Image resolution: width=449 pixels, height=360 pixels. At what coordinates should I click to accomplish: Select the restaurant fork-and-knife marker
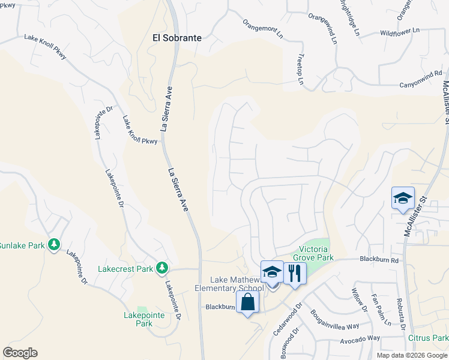[x=294, y=272]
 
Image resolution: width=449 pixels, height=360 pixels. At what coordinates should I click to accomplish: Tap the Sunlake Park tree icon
[x=54, y=245]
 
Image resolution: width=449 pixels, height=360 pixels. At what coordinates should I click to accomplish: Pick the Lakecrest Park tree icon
[x=161, y=268]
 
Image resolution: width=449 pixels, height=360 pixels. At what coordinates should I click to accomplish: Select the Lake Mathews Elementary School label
[x=237, y=284]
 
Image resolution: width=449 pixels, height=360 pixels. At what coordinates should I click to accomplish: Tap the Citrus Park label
[x=428, y=338]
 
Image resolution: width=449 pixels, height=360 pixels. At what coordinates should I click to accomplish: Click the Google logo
[x=20, y=353]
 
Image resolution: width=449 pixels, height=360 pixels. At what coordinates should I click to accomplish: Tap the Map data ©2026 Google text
[x=411, y=355]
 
